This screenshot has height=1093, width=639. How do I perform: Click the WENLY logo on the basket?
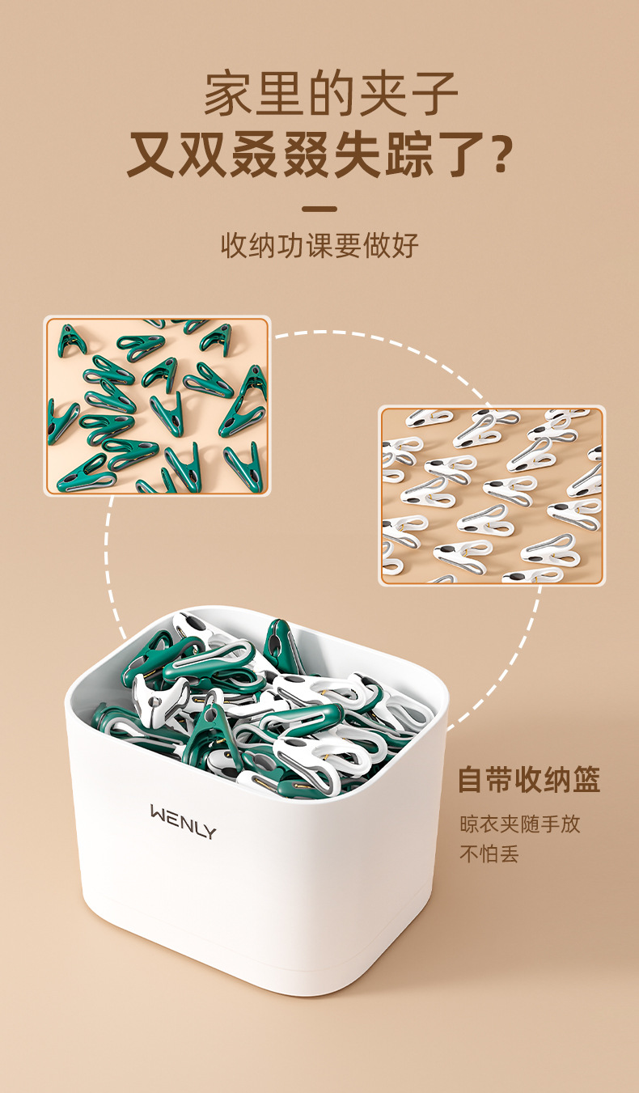click(x=184, y=810)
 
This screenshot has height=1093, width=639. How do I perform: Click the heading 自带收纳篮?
click(x=529, y=780)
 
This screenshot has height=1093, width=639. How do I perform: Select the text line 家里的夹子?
click(x=331, y=94)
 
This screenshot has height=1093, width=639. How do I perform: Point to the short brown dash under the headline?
click(x=319, y=209)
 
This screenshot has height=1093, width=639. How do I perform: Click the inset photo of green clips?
click(x=157, y=405)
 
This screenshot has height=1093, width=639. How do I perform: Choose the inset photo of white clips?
click(x=492, y=495)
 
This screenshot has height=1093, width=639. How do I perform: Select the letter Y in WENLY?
click(x=209, y=811)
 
